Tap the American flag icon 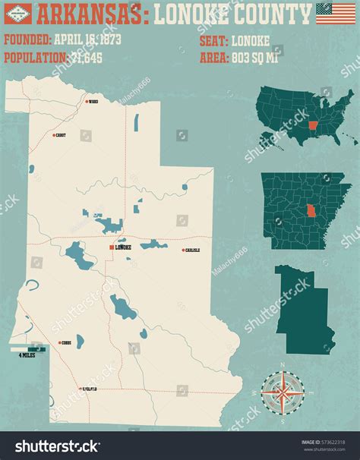click(335, 13)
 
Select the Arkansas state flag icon click(17, 14)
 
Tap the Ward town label click(93, 101)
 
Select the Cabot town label click(60, 135)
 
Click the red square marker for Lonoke click(112, 247)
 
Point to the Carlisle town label click(191, 250)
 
